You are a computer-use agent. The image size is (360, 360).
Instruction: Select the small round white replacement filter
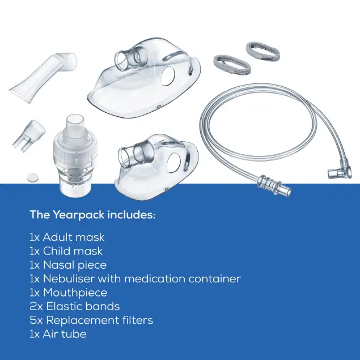(x=32, y=177)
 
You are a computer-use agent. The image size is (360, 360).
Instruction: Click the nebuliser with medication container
(x=75, y=156)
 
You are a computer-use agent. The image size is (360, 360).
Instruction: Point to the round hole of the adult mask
(x=168, y=76)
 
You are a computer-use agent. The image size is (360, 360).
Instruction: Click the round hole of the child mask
(x=174, y=163)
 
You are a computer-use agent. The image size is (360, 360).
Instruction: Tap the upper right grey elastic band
(x=263, y=51)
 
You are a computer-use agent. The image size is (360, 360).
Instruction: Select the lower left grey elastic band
(x=232, y=65)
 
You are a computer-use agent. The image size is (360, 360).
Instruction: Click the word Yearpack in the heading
(x=79, y=215)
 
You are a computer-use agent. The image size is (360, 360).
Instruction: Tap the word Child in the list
(x=57, y=251)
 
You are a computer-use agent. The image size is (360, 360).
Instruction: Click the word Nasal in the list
(x=58, y=265)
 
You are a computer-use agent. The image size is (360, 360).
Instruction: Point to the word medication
(x=155, y=279)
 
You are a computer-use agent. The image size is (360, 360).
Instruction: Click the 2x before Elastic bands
(x=36, y=307)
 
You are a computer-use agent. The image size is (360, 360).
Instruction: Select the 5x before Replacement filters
(x=36, y=320)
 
